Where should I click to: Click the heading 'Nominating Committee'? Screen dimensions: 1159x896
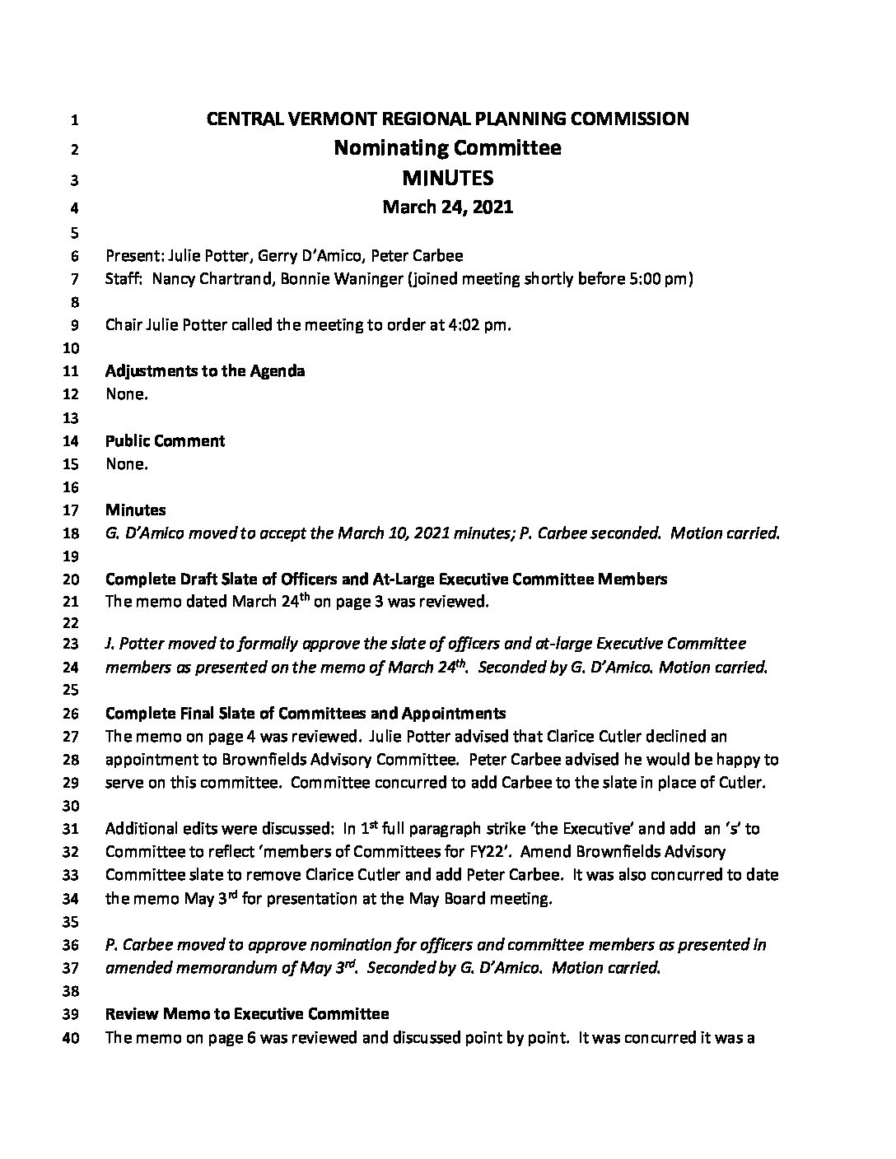click(x=447, y=148)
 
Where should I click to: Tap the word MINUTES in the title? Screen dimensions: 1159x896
click(x=447, y=178)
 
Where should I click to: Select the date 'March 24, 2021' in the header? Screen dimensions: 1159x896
click(x=447, y=207)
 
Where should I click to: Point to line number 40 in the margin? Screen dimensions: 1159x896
click(x=71, y=1039)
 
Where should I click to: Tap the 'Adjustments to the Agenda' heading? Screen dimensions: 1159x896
click(x=205, y=370)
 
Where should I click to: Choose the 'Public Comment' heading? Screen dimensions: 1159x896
click(x=165, y=440)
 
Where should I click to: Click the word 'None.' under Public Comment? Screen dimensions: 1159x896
click(x=127, y=463)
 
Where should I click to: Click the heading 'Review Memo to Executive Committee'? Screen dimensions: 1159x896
click(x=247, y=1013)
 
